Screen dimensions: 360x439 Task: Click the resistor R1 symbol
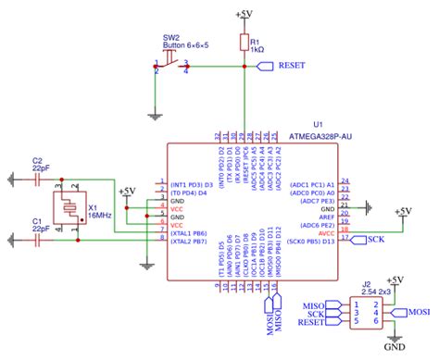pyautogui.click(x=244, y=43)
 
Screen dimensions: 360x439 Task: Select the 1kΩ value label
pyautogui.click(x=258, y=49)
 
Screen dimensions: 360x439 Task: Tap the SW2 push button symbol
pyautogui.click(x=171, y=64)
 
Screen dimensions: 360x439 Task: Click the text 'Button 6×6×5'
pyautogui.click(x=184, y=45)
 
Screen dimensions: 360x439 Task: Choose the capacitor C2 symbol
pyautogui.click(x=37, y=180)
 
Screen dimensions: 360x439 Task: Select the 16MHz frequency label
pyautogui.click(x=99, y=214)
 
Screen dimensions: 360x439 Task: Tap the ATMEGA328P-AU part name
pyautogui.click(x=319, y=134)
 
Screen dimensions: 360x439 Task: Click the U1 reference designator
pyautogui.click(x=318, y=123)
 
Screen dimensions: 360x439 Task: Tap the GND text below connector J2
pyautogui.click(x=395, y=348)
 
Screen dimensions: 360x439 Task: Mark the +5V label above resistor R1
pyautogui.click(x=244, y=15)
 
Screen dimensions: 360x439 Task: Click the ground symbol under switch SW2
pyautogui.click(x=153, y=116)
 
